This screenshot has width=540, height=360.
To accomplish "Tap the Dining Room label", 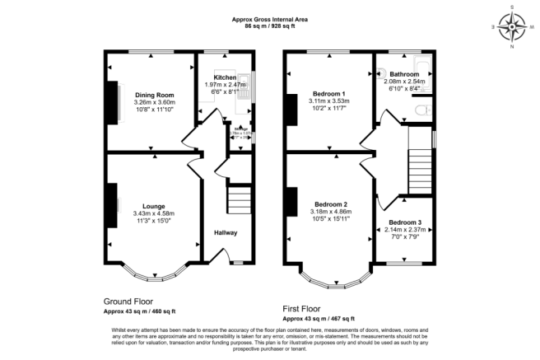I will [x=152, y=93].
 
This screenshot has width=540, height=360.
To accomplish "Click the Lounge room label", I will [x=154, y=206].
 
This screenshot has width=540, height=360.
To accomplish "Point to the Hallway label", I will [x=226, y=232].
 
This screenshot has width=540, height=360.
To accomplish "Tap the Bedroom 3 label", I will [x=405, y=222].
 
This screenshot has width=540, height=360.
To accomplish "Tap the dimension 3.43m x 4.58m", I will [x=154, y=213].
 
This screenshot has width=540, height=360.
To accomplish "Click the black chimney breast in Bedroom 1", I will [x=290, y=108].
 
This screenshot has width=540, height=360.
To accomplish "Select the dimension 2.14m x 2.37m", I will [x=405, y=230].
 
